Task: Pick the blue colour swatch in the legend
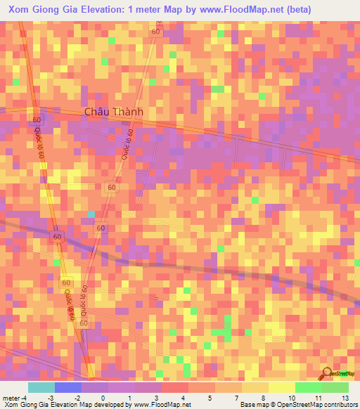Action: (67, 387)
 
